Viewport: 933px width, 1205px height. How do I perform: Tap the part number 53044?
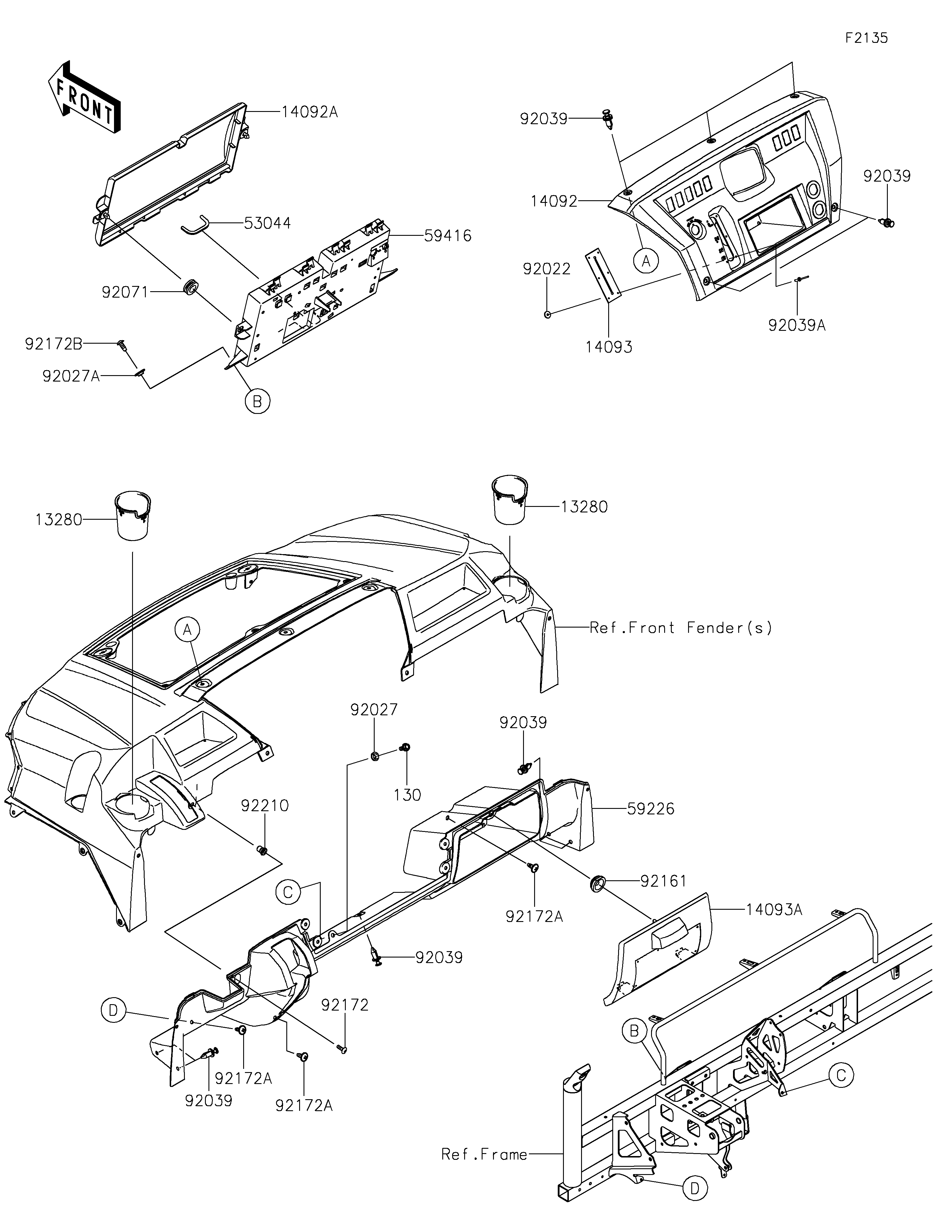[x=267, y=224]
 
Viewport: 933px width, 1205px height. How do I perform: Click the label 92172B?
[x=54, y=344]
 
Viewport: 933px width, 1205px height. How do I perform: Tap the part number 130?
[x=408, y=795]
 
